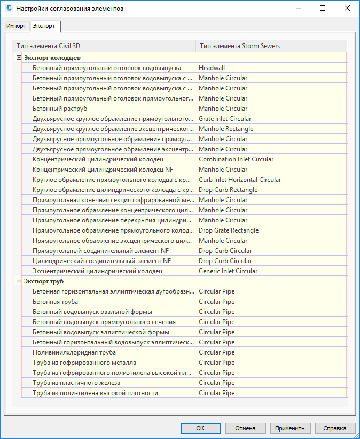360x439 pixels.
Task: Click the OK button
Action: tap(200, 428)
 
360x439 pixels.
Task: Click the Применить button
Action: tap(290, 428)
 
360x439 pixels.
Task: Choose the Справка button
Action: tap(335, 428)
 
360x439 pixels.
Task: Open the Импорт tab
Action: tap(16, 26)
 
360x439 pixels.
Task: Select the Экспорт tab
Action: tap(45, 26)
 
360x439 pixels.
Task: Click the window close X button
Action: tap(347, 9)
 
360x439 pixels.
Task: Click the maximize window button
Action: tap(322, 9)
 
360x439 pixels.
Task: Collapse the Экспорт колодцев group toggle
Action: tap(19, 58)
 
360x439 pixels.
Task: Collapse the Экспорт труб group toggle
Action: tap(19, 281)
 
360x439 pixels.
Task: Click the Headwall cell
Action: tap(212, 68)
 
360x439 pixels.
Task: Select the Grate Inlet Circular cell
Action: tap(224, 119)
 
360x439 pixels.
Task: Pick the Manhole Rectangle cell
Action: tap(225, 129)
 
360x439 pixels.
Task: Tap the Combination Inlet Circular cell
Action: tap(236, 159)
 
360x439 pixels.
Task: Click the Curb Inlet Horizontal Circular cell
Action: tap(239, 180)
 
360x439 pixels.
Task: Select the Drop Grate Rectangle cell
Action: tap(228, 230)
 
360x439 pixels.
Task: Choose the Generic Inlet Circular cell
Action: tap(228, 271)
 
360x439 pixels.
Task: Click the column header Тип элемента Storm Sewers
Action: tap(239, 46)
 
